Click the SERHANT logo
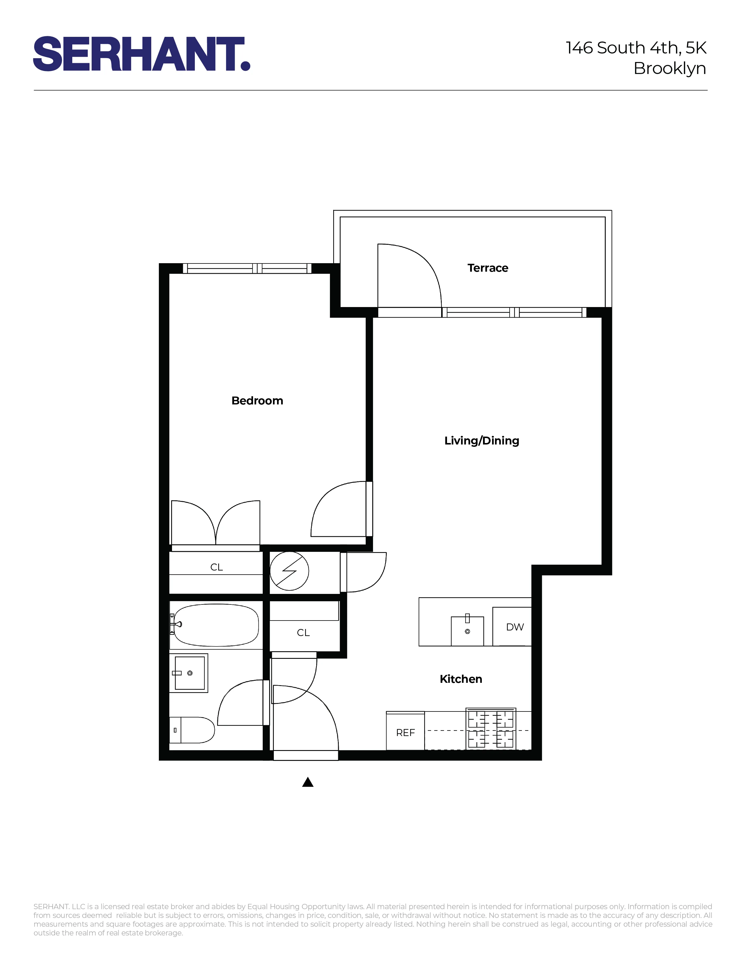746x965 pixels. pyautogui.click(x=141, y=54)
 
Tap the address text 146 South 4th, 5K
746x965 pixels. pyautogui.click(x=636, y=48)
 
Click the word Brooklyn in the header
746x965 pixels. pyautogui.click(x=670, y=68)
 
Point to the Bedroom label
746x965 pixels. pyautogui.click(x=257, y=401)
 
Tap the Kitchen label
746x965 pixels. pyautogui.click(x=460, y=679)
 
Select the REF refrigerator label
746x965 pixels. pyautogui.click(x=405, y=733)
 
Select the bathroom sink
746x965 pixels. pyautogui.click(x=190, y=673)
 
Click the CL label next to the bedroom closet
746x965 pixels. pyautogui.click(x=216, y=567)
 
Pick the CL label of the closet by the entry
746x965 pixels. pyautogui.click(x=303, y=633)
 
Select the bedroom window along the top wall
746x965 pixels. pyautogui.click(x=247, y=268)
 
